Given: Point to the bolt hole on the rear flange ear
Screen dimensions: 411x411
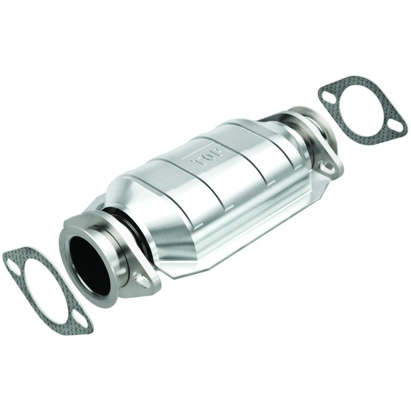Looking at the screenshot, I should [325, 166].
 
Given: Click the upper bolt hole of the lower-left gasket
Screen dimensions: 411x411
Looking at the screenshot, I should [11, 266].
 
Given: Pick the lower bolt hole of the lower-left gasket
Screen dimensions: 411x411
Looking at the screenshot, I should [82, 327].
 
